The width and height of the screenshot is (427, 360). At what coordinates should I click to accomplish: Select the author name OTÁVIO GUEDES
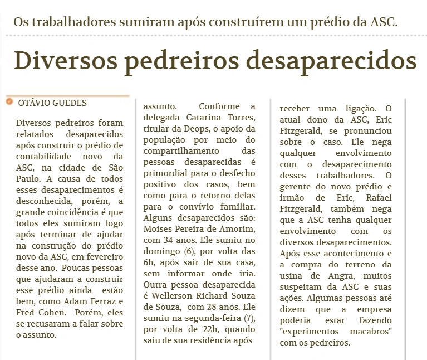click(52, 103)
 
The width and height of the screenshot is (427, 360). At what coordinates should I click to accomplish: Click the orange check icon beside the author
click(9, 102)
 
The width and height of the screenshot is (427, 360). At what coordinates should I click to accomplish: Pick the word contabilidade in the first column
click(45, 157)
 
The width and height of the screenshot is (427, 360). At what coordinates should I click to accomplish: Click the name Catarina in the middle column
click(203, 118)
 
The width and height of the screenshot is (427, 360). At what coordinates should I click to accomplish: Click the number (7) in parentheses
click(249, 317)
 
